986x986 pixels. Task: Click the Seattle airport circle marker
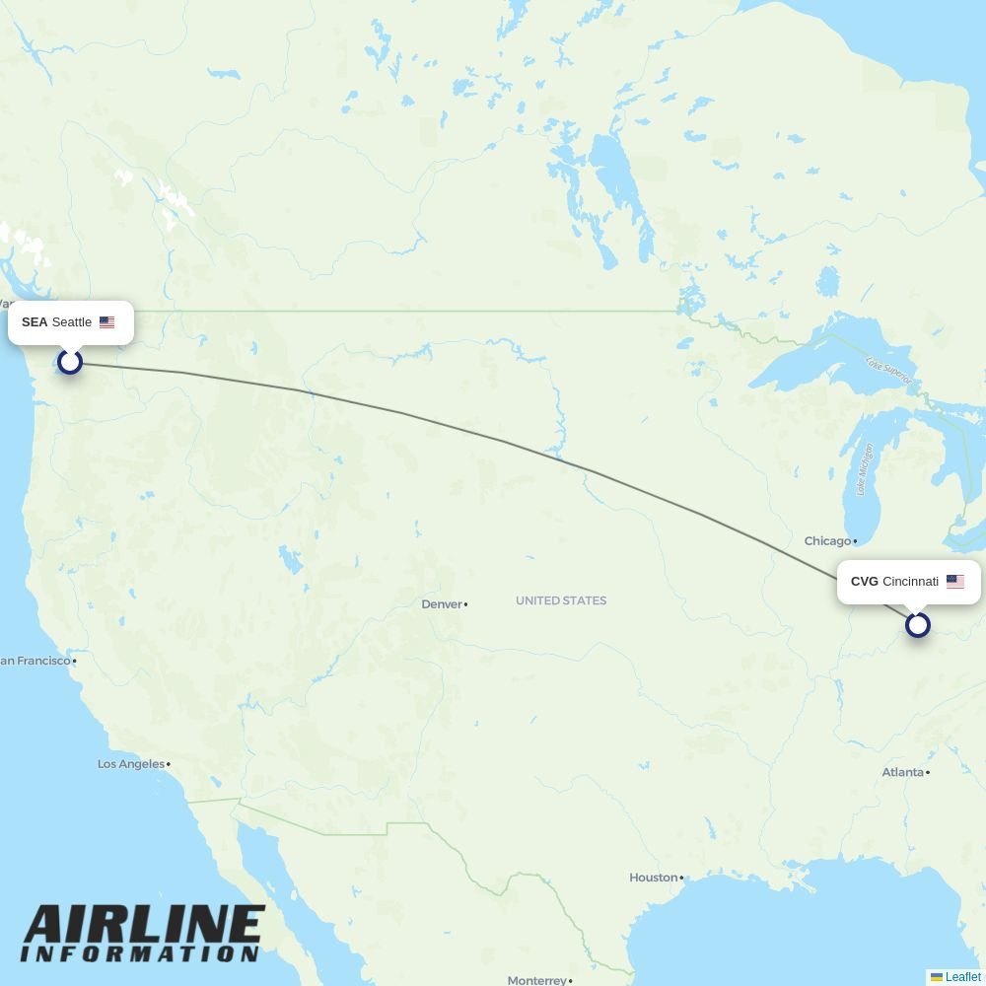(x=69, y=361)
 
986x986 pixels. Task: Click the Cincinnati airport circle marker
(x=918, y=625)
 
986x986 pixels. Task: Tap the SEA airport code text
(x=35, y=322)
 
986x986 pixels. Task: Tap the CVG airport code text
(x=865, y=582)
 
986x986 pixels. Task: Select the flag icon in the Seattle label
(x=107, y=322)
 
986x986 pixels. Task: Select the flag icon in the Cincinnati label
(x=955, y=582)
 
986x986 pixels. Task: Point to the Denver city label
(x=442, y=604)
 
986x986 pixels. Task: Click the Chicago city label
(x=827, y=541)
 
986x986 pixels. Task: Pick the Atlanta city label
(x=903, y=772)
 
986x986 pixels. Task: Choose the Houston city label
(x=654, y=878)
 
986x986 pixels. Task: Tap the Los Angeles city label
(x=131, y=764)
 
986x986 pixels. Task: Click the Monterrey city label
(x=537, y=980)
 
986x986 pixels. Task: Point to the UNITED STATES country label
(x=561, y=600)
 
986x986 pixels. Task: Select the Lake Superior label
(x=888, y=371)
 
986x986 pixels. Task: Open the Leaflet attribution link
(x=962, y=977)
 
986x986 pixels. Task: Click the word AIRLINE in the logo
(x=144, y=927)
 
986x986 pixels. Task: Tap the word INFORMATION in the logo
(x=140, y=954)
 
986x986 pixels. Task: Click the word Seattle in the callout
(x=72, y=322)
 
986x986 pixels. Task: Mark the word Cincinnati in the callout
(x=910, y=582)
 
